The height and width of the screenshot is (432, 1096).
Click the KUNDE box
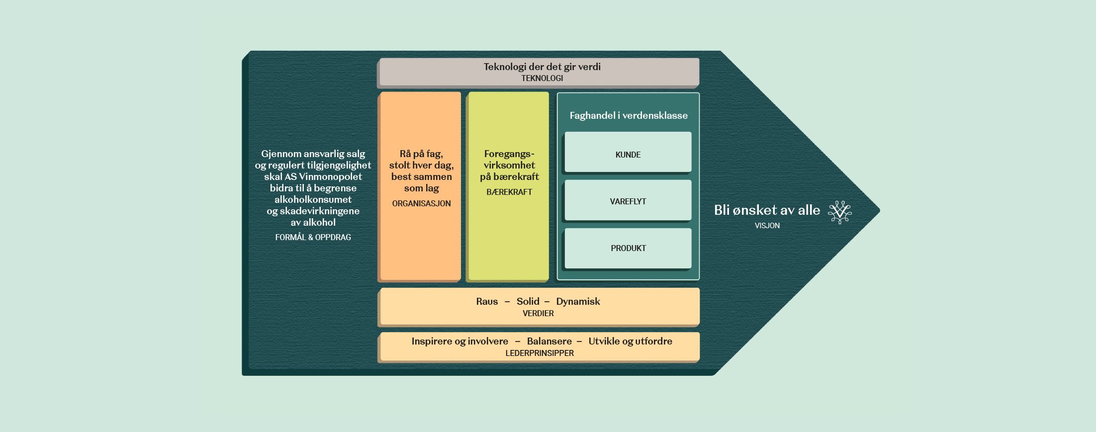pos(628,153)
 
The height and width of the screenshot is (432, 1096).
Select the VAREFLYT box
pos(628,200)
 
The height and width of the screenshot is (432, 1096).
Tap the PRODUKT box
pos(628,248)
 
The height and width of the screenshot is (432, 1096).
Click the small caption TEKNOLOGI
pos(542,78)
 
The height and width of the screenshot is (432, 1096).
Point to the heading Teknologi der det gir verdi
pos(542,67)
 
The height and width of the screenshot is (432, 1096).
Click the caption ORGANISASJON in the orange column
pos(421,203)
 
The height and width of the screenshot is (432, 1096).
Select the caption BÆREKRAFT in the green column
pos(509,192)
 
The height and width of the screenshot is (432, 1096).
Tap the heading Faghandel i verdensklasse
pos(629,115)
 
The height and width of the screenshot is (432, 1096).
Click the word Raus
pos(487,301)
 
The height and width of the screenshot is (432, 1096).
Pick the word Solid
pos(528,301)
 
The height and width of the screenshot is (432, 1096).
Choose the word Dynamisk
pos(578,301)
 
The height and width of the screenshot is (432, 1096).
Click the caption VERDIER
pos(538,313)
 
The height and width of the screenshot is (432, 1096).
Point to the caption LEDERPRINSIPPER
pos(540,353)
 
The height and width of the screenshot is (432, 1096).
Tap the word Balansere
pos(549,341)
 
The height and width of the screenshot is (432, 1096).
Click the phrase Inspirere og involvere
pos(459,341)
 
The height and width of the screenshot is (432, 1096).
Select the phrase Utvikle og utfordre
pos(630,341)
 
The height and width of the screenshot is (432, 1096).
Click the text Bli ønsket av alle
pos(767,210)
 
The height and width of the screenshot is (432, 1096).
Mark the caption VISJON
pos(767,225)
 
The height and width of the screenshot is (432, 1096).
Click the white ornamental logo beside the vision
pos(840,212)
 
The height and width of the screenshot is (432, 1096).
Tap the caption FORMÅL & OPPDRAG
pos(313,237)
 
